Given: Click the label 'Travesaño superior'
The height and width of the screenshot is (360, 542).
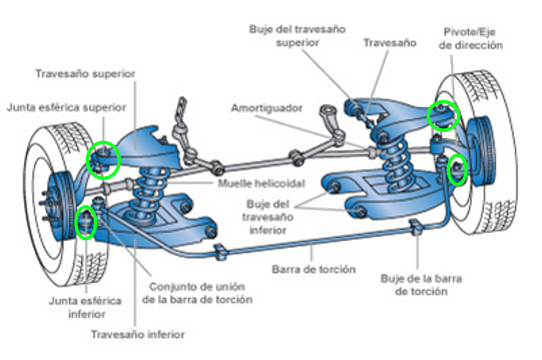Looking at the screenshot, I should (85, 73).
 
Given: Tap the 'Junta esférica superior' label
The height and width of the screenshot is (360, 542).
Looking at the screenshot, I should (67, 106).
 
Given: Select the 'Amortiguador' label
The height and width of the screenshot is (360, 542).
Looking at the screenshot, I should (266, 108).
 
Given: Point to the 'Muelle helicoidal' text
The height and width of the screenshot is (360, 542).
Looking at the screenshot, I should (262, 184).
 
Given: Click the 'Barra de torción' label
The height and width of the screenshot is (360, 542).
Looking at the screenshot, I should (314, 269).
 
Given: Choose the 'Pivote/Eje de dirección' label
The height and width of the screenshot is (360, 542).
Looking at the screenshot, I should (474, 38).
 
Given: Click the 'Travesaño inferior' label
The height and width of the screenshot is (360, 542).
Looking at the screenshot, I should (138, 334).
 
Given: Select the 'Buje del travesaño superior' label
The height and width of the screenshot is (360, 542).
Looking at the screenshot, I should (297, 36).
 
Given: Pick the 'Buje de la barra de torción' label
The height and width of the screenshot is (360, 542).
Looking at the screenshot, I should (413, 285).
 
